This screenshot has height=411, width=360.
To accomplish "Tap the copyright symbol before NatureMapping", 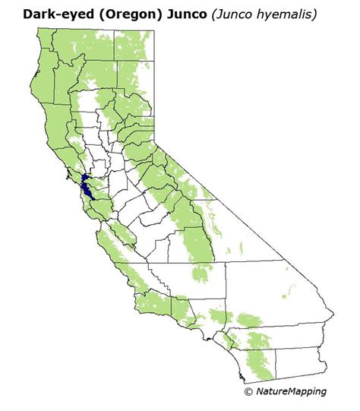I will pos(248,392).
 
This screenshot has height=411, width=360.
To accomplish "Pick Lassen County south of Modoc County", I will pos(137,87).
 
